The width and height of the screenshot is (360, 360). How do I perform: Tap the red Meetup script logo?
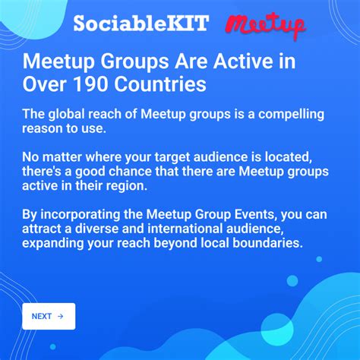click(x=266, y=25)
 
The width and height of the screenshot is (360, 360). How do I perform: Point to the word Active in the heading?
click(x=197, y=61)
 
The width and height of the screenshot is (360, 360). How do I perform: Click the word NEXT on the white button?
click(x=42, y=316)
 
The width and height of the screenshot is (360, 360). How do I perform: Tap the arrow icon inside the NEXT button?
click(x=61, y=316)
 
